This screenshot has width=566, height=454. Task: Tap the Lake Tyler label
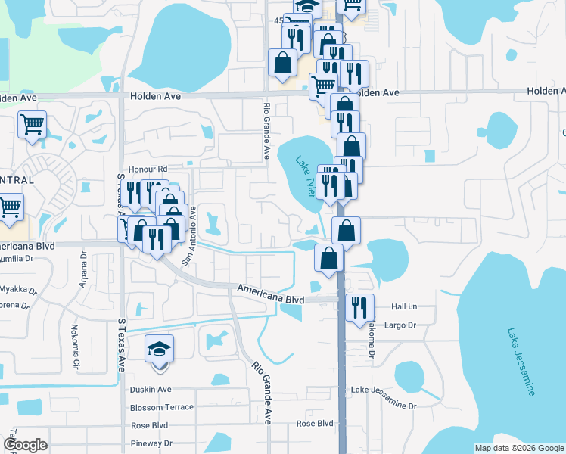coord(304,176)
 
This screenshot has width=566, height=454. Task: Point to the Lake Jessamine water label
coord(522,362)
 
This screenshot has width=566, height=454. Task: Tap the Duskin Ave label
coord(151,390)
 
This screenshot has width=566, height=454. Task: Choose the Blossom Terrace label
coord(162,407)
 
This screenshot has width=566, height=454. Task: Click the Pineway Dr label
coord(151,443)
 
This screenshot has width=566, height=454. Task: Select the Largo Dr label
coord(401,325)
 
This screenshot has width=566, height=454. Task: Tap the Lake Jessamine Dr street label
coord(384,406)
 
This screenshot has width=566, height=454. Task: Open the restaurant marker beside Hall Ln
coord(359,306)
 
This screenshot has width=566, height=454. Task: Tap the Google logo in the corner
coord(26,445)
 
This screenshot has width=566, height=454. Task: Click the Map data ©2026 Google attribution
coord(518,448)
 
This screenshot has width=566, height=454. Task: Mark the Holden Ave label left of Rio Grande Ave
coord(155,97)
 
